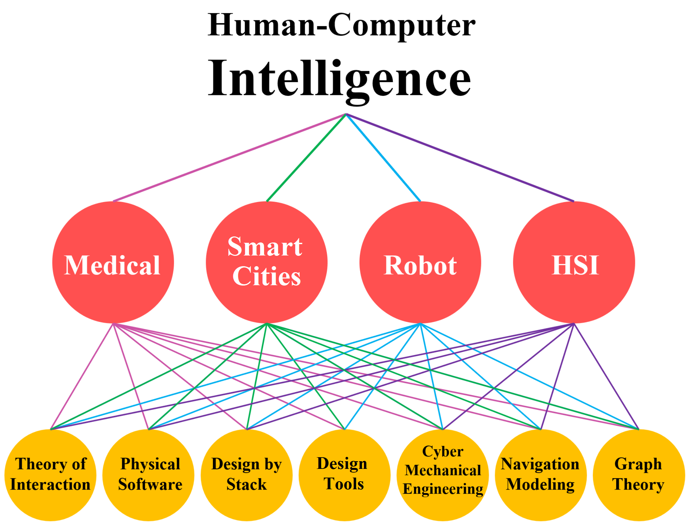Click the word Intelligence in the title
pos(339,78)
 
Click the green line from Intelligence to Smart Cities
pos(306,158)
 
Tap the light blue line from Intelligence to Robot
pos(383,158)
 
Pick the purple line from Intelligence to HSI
pos(460,158)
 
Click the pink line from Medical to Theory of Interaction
pos(82,376)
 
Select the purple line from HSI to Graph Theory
pos(606,376)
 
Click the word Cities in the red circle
pos(266,277)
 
